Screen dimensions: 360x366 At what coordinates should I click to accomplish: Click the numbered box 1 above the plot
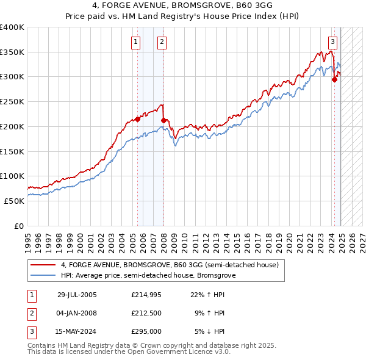coord(135,42)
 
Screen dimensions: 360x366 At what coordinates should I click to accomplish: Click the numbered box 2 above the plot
coord(162,42)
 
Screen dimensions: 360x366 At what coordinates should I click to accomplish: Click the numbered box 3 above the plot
coord(332,42)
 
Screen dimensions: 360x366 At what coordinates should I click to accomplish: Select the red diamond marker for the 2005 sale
coord(137,119)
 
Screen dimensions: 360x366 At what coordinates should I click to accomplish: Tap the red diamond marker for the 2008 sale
coord(163,120)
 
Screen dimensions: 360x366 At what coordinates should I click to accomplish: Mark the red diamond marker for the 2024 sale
coord(334,79)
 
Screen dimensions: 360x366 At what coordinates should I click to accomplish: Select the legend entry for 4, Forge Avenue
coord(170,265)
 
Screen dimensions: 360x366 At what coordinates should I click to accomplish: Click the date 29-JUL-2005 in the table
coord(77,295)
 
